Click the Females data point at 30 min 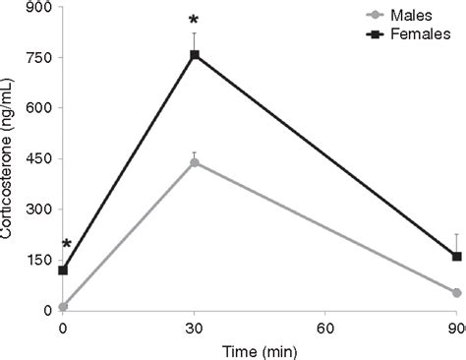(x=195, y=55)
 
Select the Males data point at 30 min (x=195, y=162)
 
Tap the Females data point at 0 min (x=64, y=270)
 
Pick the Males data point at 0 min (x=64, y=307)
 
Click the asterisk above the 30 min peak (x=195, y=19)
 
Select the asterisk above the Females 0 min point (x=66, y=245)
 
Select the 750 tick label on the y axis (x=39, y=57)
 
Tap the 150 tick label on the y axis (x=39, y=260)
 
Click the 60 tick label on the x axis (x=325, y=329)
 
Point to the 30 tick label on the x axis (x=195, y=329)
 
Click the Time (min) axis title (x=260, y=348)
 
